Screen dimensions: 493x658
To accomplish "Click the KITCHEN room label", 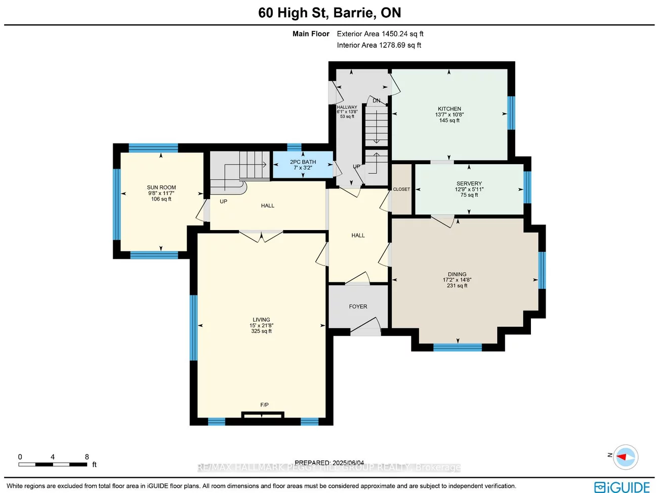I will pos(449,109).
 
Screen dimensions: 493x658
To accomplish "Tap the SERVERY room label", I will pos(469,184).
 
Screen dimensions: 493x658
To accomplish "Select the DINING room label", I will pos(457,274).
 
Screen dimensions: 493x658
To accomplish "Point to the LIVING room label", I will pos(261,320).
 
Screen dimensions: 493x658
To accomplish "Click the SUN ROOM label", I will pos(161,187).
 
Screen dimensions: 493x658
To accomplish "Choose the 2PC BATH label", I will pos(303,162).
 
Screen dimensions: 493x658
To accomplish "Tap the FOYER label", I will pos(358,307).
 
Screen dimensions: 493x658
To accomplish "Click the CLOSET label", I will pos(401,189).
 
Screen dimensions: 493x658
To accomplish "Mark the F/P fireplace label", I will pos(264,405).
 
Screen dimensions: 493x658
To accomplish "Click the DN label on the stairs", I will pos(377,101).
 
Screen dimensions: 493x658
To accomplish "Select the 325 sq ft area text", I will pos(261,331).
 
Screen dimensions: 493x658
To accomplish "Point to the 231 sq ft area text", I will pos(457,286).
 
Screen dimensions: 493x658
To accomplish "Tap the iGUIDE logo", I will pos(622,487).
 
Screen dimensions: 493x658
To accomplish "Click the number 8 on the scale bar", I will pos(87,457).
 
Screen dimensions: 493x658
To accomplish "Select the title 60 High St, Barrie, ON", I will pos(330,13).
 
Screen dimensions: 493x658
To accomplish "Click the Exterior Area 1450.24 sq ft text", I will pos(380,34).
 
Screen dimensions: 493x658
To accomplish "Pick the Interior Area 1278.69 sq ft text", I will pos(379,45).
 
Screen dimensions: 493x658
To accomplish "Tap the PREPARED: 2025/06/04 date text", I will pos(329,463).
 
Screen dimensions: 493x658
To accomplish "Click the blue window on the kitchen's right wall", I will pos(511,112).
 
